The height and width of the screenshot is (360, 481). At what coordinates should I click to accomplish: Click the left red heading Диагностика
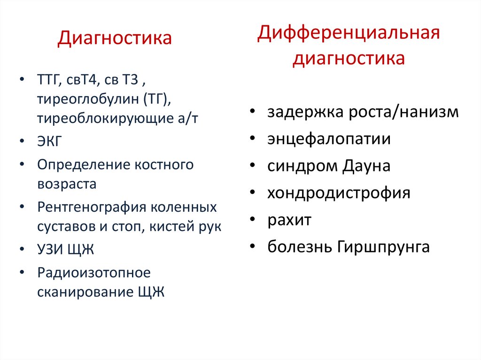(x=115, y=38)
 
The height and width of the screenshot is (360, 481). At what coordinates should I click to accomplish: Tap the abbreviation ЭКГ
(x=49, y=141)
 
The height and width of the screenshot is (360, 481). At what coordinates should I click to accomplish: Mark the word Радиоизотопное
(x=93, y=272)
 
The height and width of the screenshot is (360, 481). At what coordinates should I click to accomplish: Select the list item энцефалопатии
(x=329, y=139)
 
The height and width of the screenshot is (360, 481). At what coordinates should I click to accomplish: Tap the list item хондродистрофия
(x=339, y=193)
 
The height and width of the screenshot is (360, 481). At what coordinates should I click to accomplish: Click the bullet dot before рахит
(x=253, y=220)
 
